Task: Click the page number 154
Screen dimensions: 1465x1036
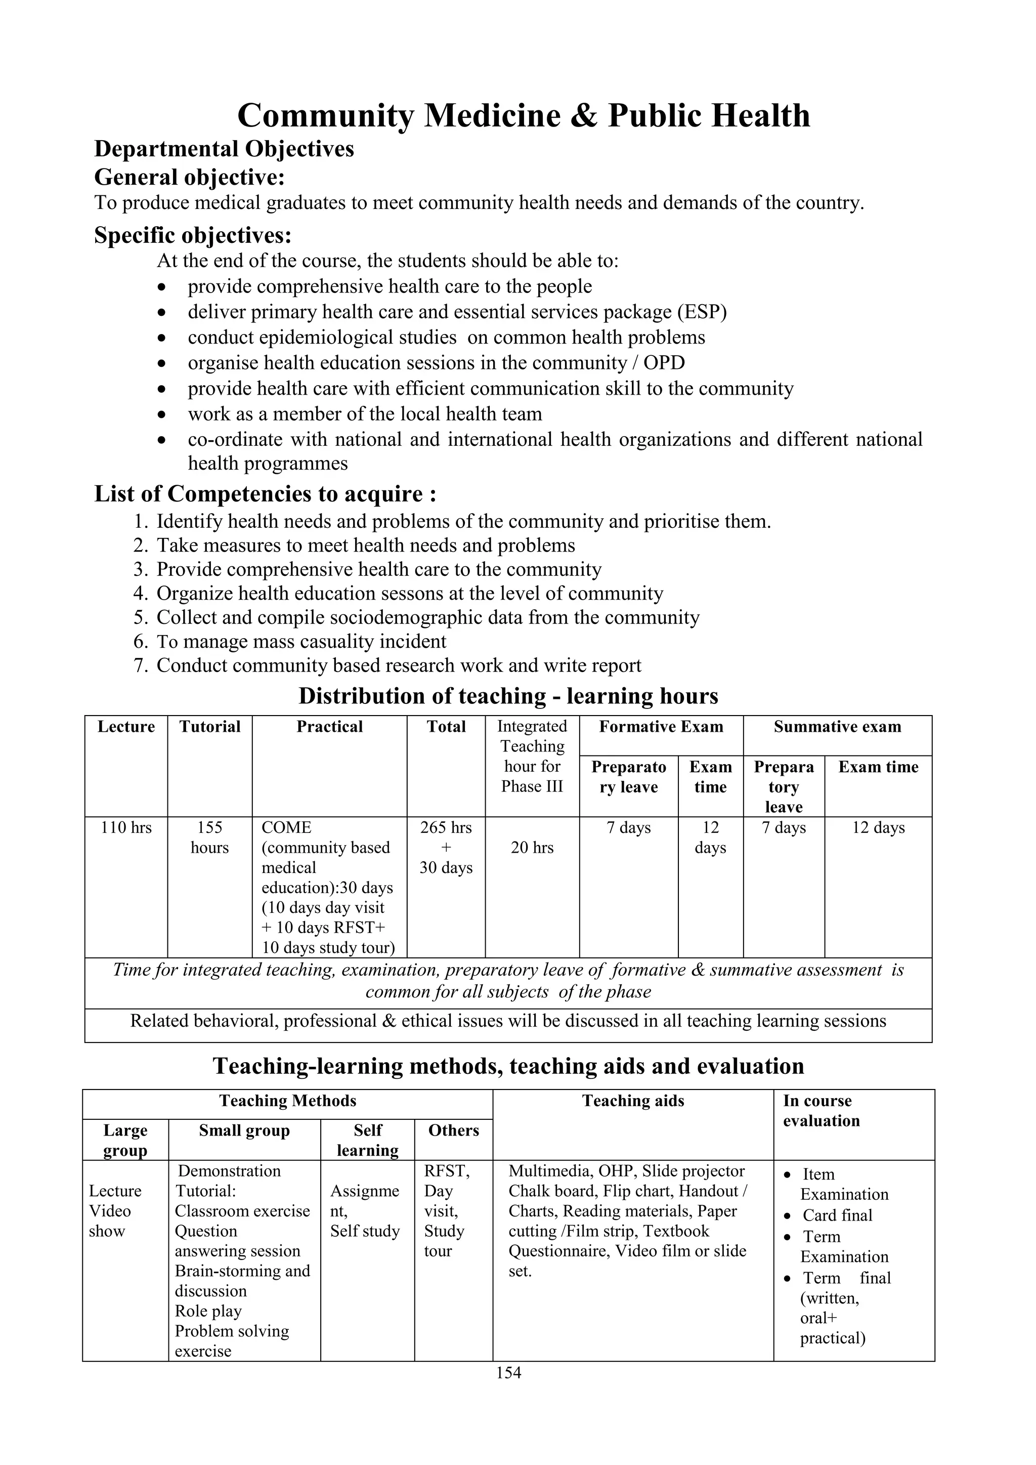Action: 508,1372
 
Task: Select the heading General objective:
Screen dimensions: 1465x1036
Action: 190,176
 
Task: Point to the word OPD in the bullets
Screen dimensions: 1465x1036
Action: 664,363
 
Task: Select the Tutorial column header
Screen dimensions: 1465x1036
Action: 210,727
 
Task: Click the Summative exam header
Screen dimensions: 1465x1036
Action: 837,727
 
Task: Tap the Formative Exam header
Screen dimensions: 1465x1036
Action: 661,727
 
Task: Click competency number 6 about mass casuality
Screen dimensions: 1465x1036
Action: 301,641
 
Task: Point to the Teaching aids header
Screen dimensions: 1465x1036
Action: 633,1101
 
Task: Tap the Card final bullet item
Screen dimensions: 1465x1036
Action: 837,1216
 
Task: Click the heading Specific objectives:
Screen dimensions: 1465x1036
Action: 193,235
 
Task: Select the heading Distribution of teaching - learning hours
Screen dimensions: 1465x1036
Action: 508,696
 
